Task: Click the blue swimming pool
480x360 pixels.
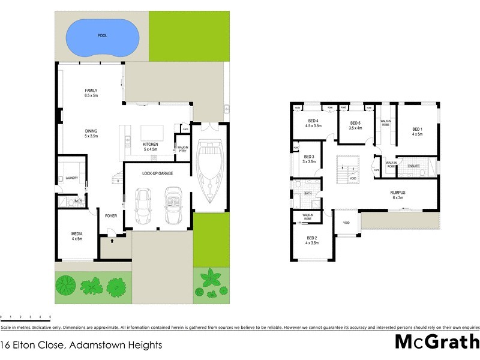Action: (x=101, y=37)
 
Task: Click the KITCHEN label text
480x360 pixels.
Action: (x=149, y=145)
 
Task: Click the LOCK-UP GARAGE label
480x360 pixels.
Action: (x=158, y=173)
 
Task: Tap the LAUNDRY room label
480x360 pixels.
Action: (x=73, y=178)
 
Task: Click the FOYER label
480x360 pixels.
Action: (x=111, y=216)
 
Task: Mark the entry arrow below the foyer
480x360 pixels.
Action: (x=112, y=239)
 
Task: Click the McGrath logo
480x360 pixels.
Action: (x=436, y=342)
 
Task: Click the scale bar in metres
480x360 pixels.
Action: (x=25, y=316)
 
